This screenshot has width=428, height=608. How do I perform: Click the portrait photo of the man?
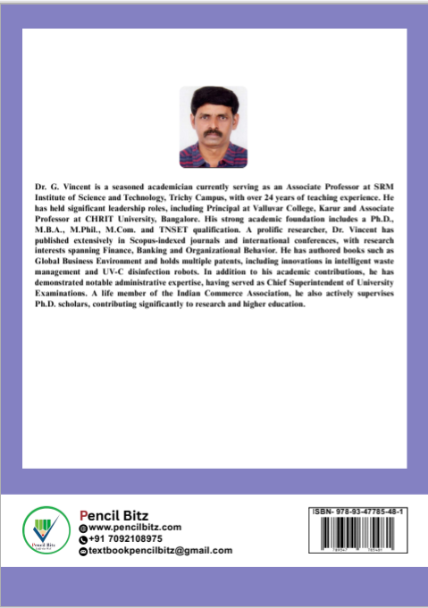(213, 127)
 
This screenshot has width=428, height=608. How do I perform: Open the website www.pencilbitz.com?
(134, 528)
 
